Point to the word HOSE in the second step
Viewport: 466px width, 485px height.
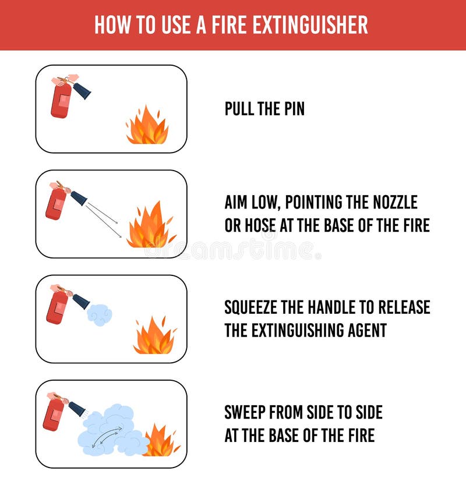coord(266,225)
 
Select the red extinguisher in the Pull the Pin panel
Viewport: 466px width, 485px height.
coord(61,100)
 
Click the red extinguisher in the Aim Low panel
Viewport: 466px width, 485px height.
coord(56,204)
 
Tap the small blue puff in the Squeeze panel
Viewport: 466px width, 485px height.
coord(100,314)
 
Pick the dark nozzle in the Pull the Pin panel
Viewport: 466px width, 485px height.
coord(82,90)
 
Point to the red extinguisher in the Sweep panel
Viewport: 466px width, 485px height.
coord(54,414)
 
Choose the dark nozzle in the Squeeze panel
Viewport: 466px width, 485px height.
coord(80,301)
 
